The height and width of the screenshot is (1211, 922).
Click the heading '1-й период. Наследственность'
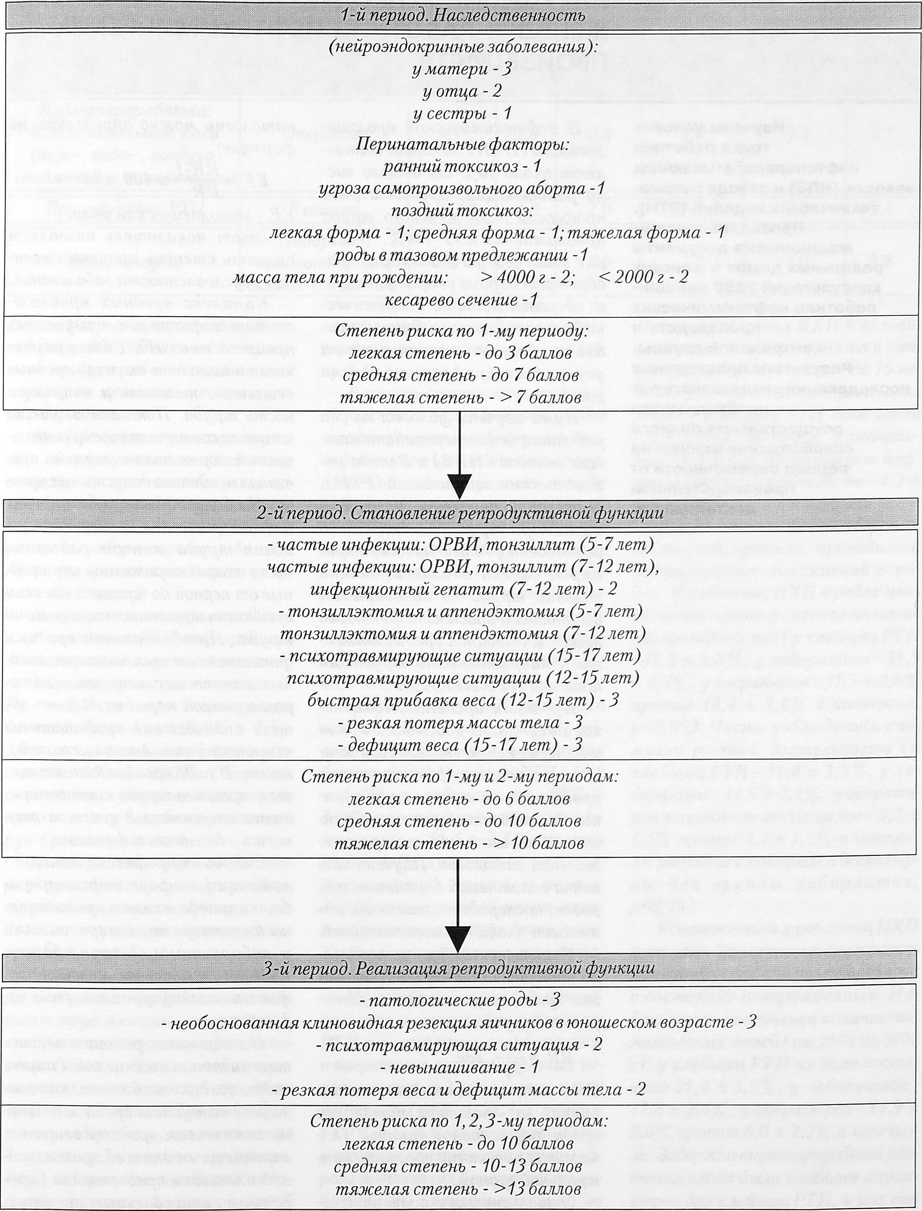[x=461, y=15]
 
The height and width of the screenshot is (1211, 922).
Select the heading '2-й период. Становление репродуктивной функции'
[x=461, y=514]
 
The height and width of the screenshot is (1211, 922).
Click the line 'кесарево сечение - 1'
[x=461, y=300]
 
